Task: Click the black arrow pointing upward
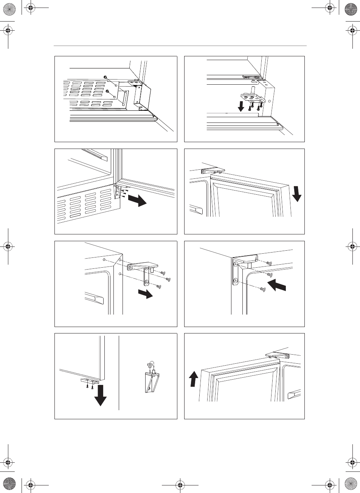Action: click(x=194, y=378)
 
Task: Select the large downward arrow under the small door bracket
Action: click(x=100, y=395)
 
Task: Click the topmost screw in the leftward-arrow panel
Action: click(x=269, y=263)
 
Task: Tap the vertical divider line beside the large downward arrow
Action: click(x=119, y=372)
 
